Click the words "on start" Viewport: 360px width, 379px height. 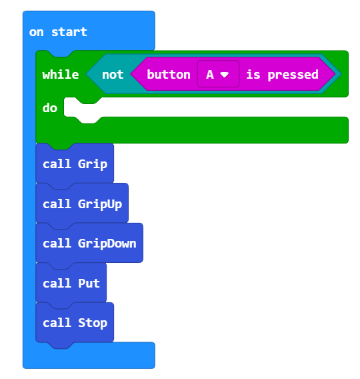58,32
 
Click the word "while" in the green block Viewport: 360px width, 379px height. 61,75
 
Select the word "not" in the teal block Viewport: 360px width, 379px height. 113,75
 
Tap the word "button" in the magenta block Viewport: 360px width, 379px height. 169,75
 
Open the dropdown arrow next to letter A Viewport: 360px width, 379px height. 225,75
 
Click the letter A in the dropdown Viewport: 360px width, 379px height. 210,75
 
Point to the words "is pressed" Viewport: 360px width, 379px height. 282,75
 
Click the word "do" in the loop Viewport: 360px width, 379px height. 50,108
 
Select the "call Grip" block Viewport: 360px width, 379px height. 75,163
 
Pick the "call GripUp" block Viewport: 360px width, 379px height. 82,204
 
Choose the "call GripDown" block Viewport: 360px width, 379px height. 89,243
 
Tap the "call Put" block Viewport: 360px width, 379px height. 71,283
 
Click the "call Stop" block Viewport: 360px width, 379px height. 75,322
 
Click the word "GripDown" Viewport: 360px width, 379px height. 107,244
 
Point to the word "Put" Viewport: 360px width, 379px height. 89,284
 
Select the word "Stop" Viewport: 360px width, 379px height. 93,324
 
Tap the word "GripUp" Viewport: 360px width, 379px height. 100,204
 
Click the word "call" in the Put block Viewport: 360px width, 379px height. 57,283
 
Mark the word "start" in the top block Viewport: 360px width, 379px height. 69,32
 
